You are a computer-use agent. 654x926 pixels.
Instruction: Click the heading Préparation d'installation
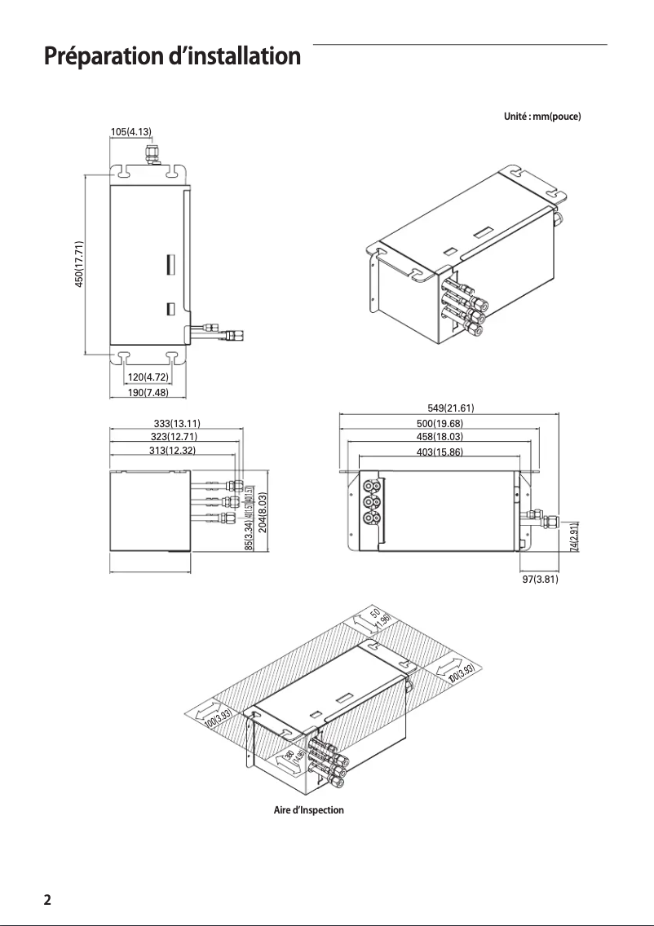click(172, 58)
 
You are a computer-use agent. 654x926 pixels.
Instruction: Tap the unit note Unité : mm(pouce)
click(542, 117)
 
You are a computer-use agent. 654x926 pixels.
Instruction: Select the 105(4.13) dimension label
click(131, 131)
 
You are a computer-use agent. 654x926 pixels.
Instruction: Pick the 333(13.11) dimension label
click(177, 423)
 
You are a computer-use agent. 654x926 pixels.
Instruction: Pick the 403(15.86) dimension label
click(434, 452)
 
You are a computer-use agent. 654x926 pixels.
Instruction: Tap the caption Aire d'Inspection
click(308, 810)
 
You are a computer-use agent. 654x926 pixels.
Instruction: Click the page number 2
click(47, 900)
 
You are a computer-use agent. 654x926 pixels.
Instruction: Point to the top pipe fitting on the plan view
click(151, 152)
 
